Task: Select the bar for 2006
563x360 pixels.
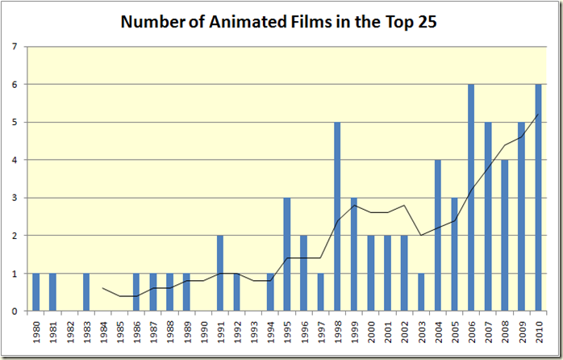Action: pyautogui.click(x=471, y=198)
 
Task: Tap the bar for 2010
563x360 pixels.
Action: pyautogui.click(x=538, y=198)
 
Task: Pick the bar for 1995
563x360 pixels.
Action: pyautogui.click(x=286, y=254)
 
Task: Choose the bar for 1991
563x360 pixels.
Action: pyautogui.click(x=219, y=273)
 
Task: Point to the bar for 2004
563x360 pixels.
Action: pyautogui.click(x=437, y=236)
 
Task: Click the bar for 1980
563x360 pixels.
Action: pyautogui.click(x=35, y=292)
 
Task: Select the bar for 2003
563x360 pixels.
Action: pyautogui.click(x=421, y=292)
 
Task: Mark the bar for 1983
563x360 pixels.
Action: pyautogui.click(x=86, y=292)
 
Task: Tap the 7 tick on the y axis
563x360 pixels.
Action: pyautogui.click(x=15, y=47)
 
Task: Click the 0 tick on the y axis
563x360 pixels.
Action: pyautogui.click(x=15, y=312)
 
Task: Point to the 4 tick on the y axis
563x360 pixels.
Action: pyautogui.click(x=15, y=160)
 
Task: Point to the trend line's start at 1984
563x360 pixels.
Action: pyautogui.click(x=102, y=288)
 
